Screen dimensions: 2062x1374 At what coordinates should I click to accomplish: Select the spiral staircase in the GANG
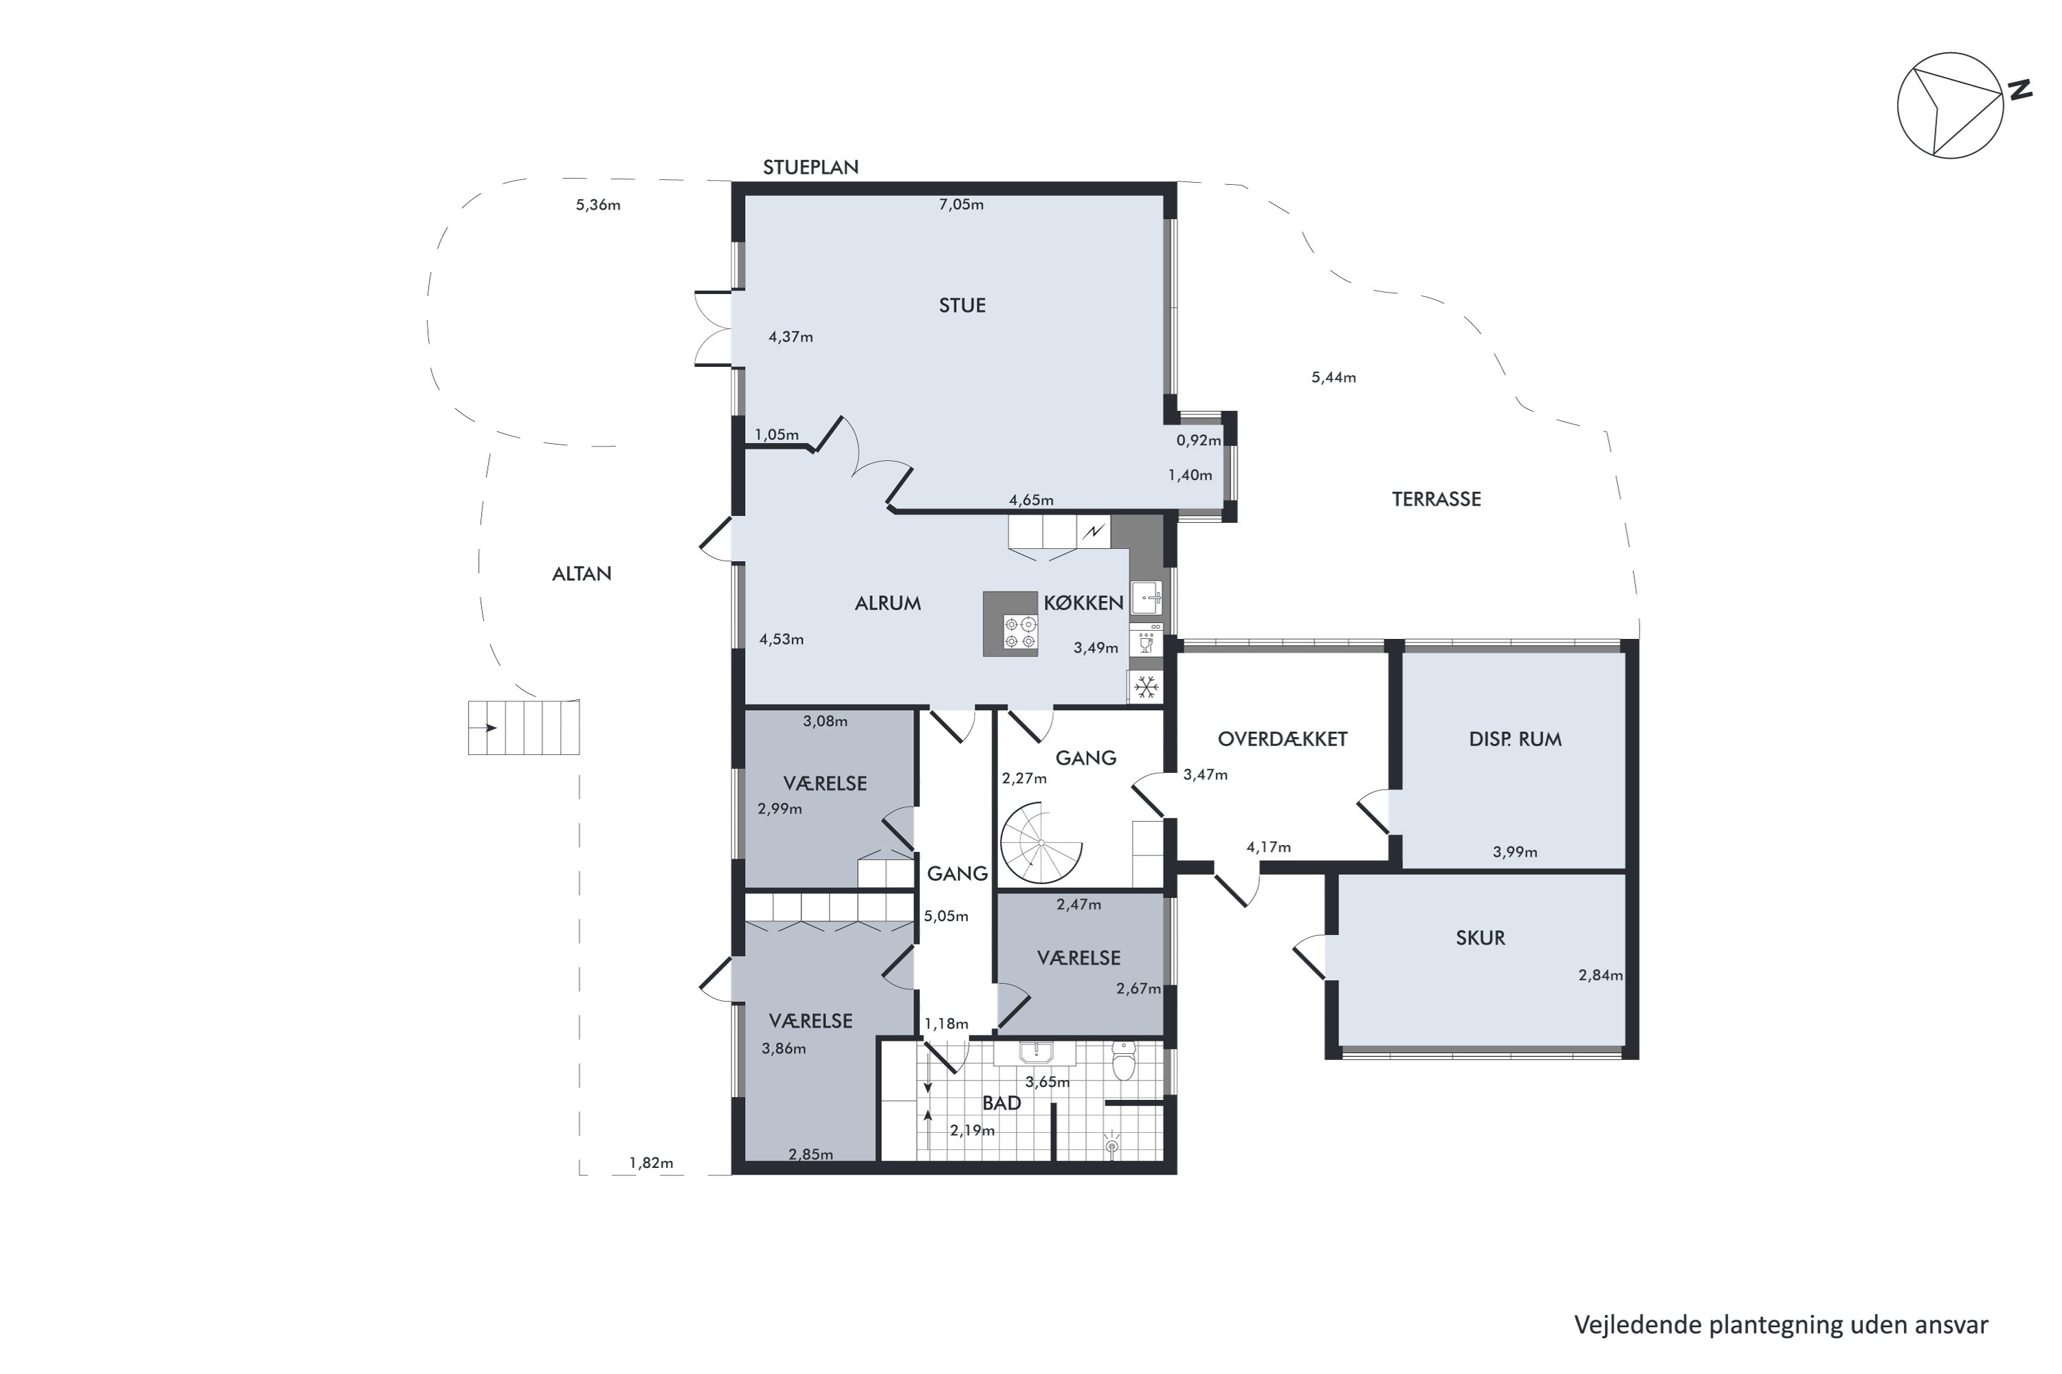click(1041, 842)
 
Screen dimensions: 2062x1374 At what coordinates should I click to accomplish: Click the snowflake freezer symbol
click(1145, 687)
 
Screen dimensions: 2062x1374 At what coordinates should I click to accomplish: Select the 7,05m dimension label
click(961, 204)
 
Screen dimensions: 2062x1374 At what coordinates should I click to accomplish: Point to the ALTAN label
click(581, 573)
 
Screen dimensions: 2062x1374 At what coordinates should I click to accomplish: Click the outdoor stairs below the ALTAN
click(523, 728)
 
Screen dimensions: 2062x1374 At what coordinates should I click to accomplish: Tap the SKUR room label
click(1480, 938)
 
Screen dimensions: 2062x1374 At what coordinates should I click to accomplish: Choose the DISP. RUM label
click(1515, 739)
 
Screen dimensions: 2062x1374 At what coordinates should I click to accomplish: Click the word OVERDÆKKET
click(1282, 739)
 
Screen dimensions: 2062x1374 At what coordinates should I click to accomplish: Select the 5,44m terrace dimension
click(1333, 378)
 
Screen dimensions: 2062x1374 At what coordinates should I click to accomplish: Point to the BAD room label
click(1001, 1103)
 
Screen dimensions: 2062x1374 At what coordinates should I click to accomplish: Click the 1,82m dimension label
click(652, 1163)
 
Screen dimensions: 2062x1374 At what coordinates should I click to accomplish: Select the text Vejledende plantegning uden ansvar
click(1781, 1324)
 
